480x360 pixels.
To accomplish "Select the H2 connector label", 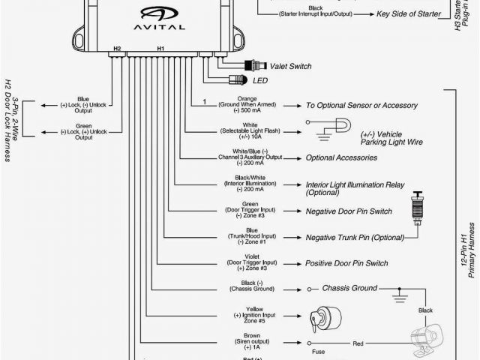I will click(x=116, y=49).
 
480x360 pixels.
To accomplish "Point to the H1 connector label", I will click(x=160, y=49).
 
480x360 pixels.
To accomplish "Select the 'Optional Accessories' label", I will click(x=341, y=158).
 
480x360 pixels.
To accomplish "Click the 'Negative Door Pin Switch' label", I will click(x=348, y=211).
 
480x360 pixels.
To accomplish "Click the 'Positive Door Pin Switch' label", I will click(x=346, y=263).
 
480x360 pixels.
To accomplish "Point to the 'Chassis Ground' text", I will click(x=349, y=288).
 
